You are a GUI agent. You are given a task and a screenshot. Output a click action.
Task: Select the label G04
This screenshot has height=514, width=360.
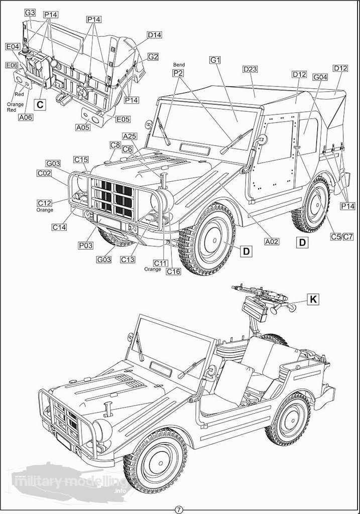pos(320,77)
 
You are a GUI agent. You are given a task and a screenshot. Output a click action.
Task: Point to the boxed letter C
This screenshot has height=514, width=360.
pos(41,104)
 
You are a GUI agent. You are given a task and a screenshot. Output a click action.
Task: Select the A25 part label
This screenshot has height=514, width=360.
pos(130,137)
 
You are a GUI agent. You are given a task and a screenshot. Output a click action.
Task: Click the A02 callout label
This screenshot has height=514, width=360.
pos(272,241)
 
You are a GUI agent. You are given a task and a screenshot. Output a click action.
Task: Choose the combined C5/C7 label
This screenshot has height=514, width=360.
pos(342,236)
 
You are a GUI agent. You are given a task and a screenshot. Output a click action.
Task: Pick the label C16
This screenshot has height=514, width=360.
pos(174,272)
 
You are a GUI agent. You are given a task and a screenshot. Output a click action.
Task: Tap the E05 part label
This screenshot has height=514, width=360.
pos(123,119)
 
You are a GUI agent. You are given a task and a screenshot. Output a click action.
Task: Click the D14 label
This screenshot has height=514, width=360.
pos(154,35)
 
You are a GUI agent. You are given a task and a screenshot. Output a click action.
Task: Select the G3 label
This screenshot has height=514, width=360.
pos(30,12)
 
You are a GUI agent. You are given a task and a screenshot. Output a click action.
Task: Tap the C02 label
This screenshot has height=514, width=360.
pos(45,173)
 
